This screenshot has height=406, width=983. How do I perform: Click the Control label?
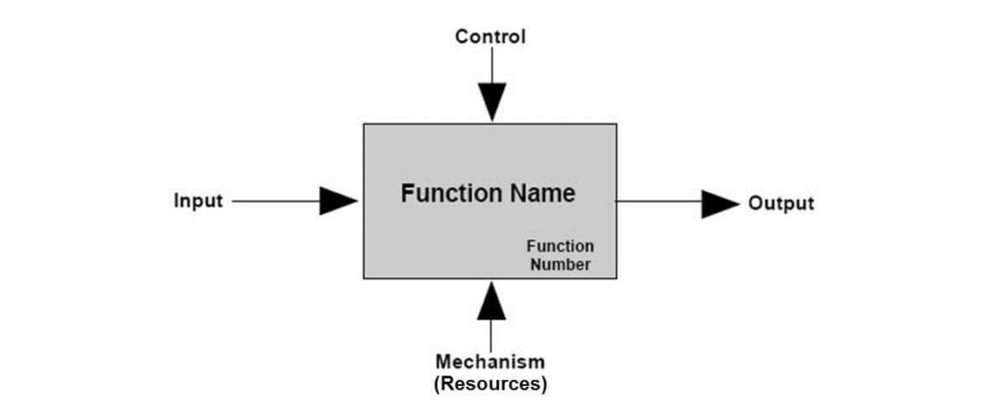(491, 37)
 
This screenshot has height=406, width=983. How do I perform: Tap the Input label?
(198, 202)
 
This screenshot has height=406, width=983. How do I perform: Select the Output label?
(780, 203)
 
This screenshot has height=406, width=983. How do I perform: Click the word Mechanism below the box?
(491, 363)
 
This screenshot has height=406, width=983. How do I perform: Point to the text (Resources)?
(491, 384)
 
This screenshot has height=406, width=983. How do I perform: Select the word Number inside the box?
(560, 264)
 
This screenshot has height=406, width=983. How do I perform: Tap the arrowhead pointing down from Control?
(492, 102)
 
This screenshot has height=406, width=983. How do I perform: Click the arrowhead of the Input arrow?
(338, 201)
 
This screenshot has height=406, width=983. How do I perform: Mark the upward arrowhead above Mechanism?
(491, 300)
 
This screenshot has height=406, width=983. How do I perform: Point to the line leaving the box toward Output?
(658, 202)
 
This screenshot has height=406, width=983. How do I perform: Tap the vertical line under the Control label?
(492, 65)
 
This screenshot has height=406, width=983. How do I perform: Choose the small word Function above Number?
(560, 247)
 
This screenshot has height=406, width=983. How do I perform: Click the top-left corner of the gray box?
(363, 124)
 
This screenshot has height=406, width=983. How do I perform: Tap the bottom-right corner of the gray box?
(616, 278)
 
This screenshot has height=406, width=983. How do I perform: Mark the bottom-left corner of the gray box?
(363, 278)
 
